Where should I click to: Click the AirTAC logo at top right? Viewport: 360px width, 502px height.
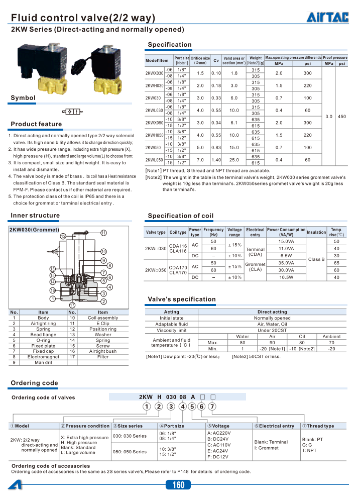[327, 18]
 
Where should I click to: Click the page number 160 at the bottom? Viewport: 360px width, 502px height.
[179, 485]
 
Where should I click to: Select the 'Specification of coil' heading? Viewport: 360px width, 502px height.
[180, 216]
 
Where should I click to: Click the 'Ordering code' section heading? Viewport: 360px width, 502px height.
[34, 383]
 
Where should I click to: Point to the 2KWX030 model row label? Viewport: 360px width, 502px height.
[154, 73]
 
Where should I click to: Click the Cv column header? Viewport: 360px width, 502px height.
[216, 60]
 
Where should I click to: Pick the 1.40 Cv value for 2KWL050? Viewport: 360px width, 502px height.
[216, 159]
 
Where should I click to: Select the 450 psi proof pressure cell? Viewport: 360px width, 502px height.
[341, 117]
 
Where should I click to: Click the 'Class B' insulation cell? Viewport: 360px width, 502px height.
[316, 259]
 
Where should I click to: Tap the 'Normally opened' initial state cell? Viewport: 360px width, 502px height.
[272, 318]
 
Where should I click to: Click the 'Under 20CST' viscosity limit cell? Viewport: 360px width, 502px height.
[272, 331]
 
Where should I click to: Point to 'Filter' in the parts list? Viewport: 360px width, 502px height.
[102, 356]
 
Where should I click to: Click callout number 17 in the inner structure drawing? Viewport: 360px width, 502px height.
[72, 305]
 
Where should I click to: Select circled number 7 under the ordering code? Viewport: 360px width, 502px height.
[212, 407]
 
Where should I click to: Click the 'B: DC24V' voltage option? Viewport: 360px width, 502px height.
[218, 439]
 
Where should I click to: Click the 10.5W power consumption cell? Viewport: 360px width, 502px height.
[286, 277]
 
